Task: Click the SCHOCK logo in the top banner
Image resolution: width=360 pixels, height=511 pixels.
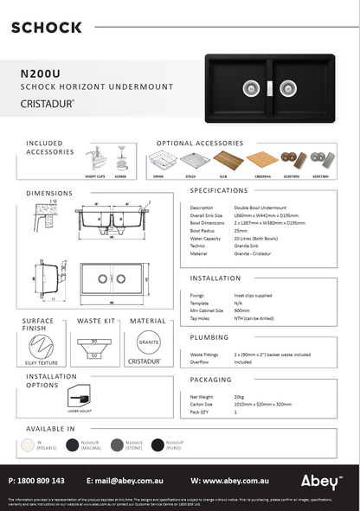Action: [x=47, y=28]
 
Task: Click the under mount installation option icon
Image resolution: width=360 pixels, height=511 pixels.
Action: [x=79, y=399]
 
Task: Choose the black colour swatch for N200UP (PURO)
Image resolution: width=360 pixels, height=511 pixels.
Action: [x=157, y=444]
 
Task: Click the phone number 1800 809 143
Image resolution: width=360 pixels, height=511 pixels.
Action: [x=42, y=480]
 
